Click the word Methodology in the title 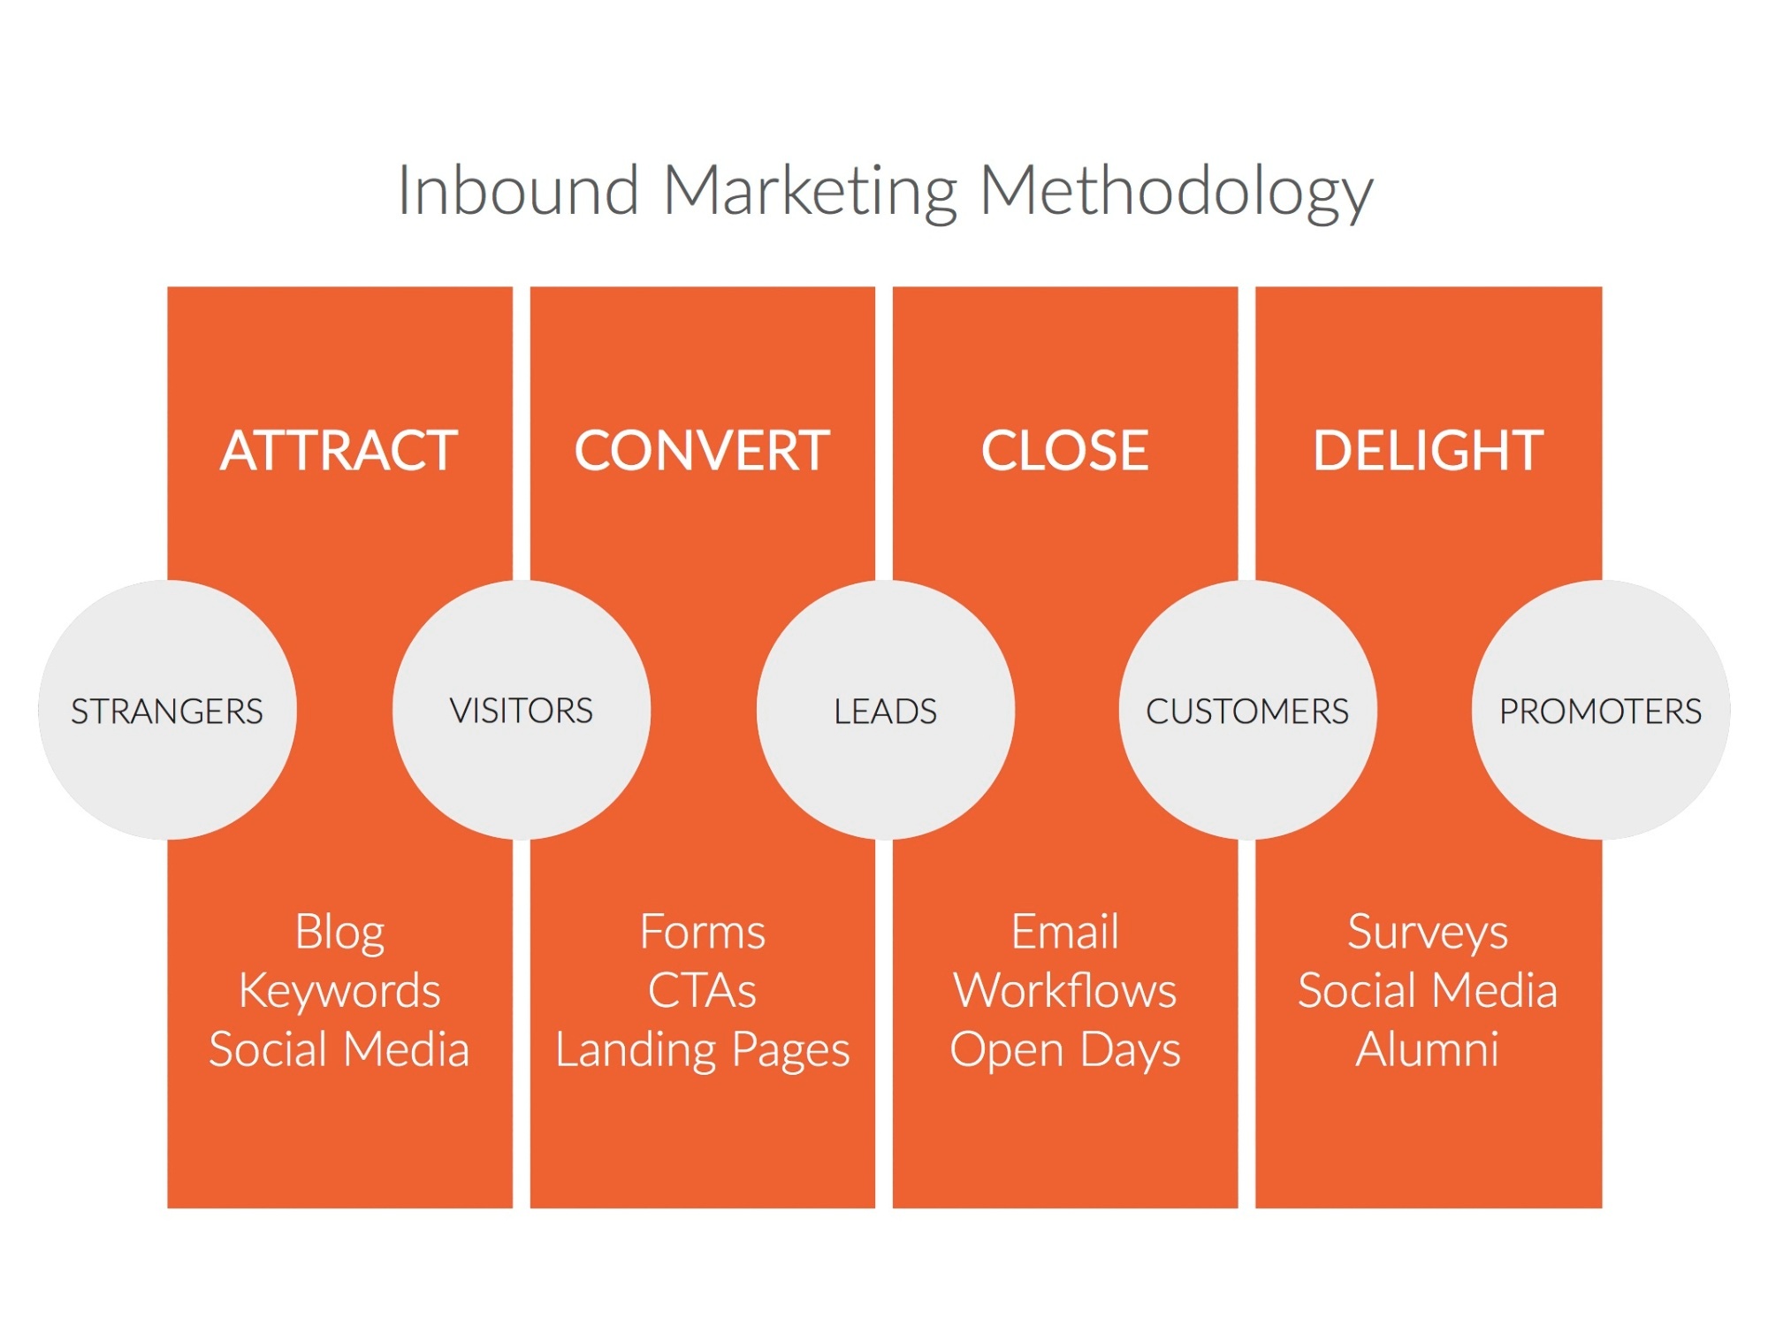[1177, 193]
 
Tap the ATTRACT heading [339, 451]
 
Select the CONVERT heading [703, 451]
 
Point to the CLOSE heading [1065, 451]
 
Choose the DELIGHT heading [1429, 451]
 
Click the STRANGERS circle [167, 710]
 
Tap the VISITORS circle [522, 710]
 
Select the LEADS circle [886, 710]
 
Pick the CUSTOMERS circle [1248, 710]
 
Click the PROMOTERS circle [1601, 710]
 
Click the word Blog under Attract [339, 934]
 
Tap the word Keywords [339, 990]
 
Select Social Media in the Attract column [339, 1049]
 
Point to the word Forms [703, 932]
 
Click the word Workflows [1065, 990]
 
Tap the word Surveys [1429, 934]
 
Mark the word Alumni [1429, 1049]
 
